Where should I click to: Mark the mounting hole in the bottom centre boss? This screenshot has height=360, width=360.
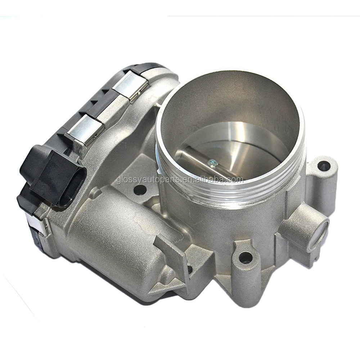click(246, 257)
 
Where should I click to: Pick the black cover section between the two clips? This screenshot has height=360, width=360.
click(108, 104)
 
